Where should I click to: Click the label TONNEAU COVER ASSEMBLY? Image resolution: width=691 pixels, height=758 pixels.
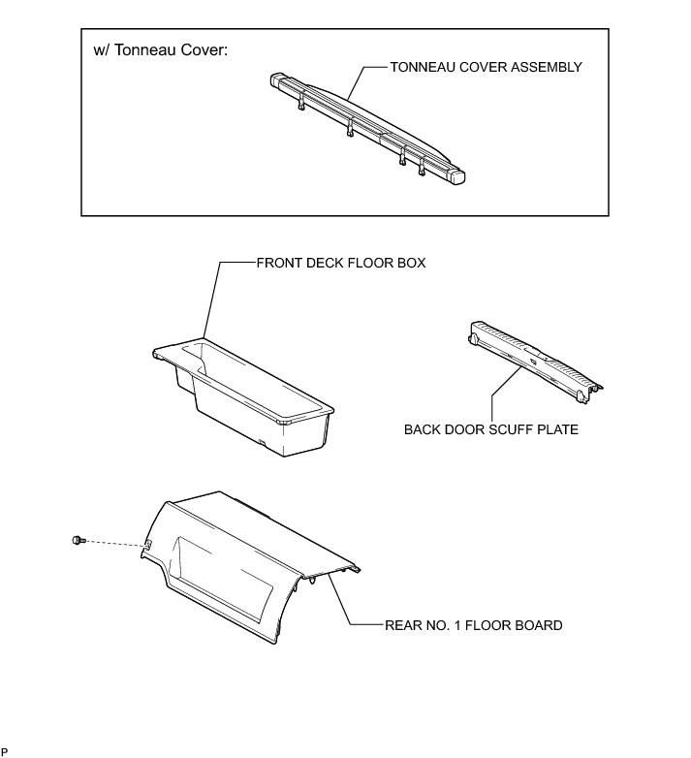485,68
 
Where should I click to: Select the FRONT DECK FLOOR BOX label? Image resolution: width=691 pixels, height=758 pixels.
340,263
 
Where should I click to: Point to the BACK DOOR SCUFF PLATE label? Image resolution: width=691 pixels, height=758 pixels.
491,429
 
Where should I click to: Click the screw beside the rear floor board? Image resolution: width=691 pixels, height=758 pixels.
78,540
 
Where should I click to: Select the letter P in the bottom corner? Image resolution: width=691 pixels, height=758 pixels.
5,751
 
